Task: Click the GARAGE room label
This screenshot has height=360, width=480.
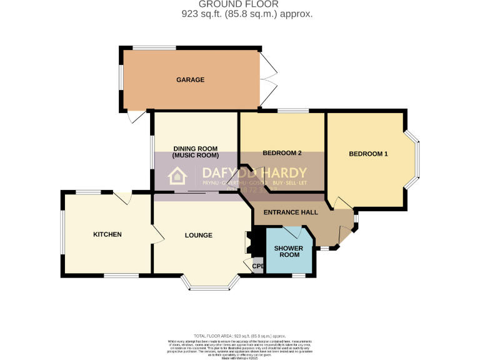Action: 191,80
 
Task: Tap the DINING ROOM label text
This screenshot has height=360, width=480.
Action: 196,147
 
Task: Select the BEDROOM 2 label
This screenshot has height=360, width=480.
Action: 282,153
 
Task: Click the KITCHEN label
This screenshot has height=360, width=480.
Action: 107,234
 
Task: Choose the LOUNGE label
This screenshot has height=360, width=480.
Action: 199,236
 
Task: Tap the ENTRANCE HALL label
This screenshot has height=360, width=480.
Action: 291,212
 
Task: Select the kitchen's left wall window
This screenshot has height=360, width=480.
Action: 62,232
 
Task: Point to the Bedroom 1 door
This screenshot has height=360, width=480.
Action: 341,204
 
